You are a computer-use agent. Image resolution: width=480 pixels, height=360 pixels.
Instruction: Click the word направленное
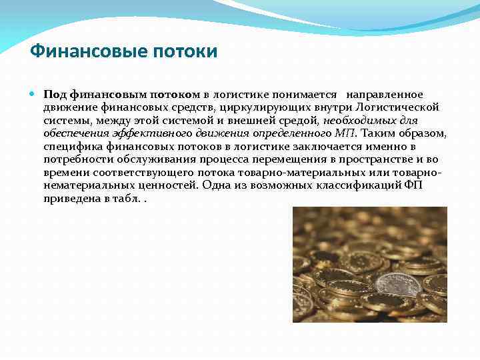click(x=384, y=95)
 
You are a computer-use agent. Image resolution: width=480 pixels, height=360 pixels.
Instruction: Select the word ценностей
click(x=166, y=185)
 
